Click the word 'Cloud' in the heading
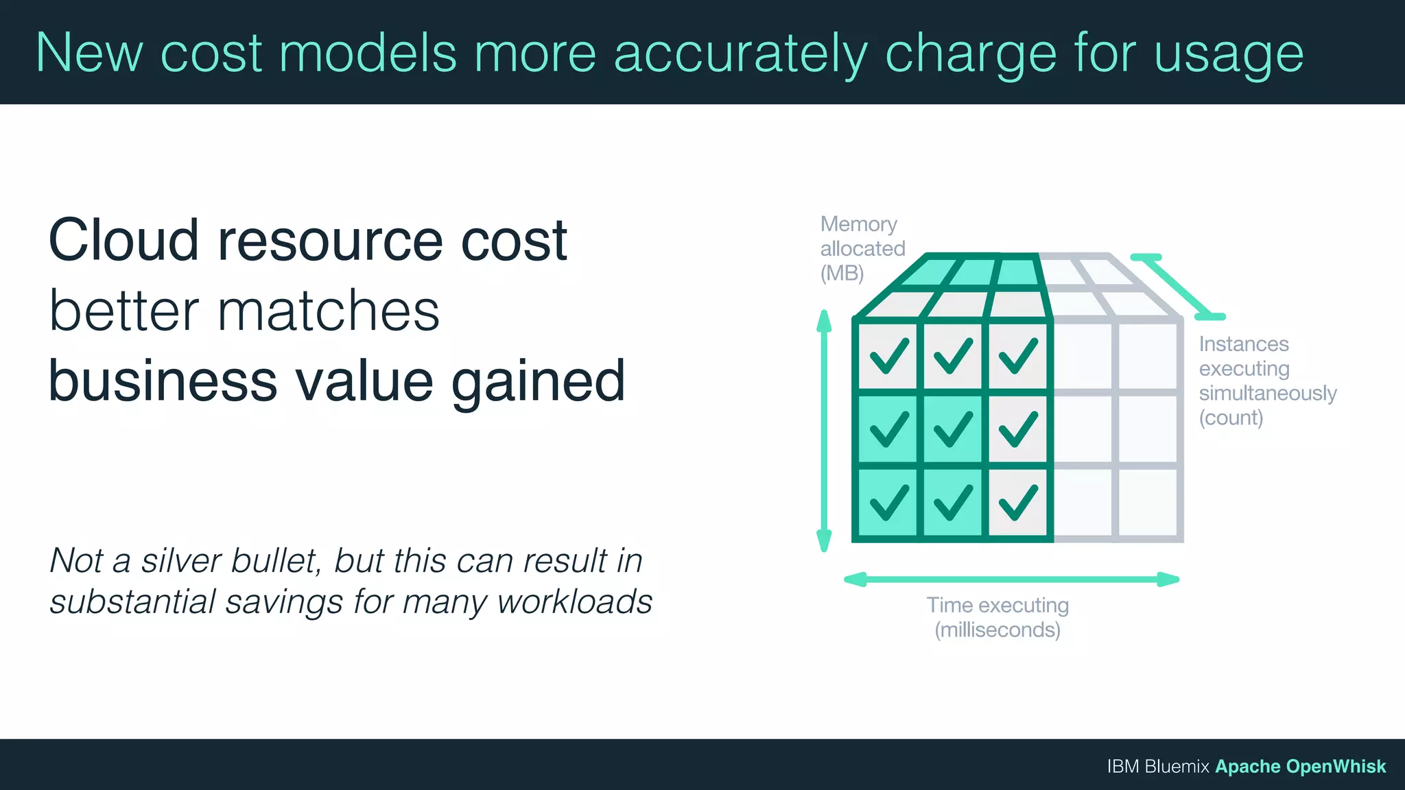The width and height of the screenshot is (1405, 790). [123, 240]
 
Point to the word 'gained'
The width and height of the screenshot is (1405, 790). [538, 381]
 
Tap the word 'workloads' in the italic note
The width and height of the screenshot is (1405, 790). [574, 602]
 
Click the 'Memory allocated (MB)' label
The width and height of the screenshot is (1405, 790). [862, 248]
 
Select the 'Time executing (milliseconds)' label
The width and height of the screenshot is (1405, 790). [997, 617]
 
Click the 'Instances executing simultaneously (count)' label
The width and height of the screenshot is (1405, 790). [1266, 381]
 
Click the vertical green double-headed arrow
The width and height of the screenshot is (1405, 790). [824, 431]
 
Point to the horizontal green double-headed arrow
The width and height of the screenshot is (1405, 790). [1011, 579]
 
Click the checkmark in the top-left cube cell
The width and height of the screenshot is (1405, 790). [889, 356]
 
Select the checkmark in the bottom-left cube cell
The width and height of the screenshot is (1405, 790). [889, 502]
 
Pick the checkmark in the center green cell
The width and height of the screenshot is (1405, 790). [953, 429]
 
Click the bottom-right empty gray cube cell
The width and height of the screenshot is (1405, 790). [1147, 502]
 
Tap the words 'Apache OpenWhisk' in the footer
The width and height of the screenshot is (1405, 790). [1300, 766]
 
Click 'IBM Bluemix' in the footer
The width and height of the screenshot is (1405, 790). [1157, 766]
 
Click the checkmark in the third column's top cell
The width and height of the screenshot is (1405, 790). [1017, 356]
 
